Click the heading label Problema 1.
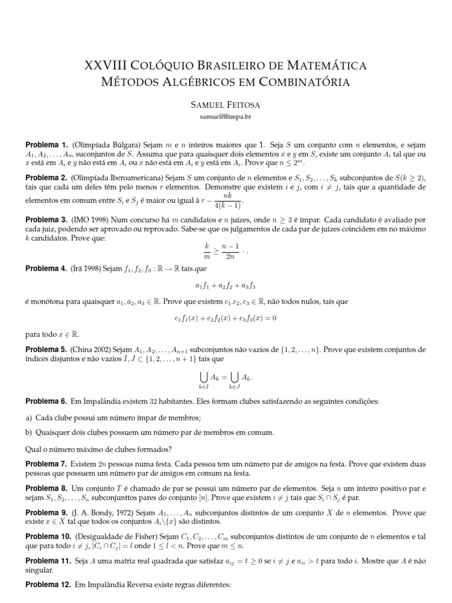tap(47, 145)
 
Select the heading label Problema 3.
tap(47, 219)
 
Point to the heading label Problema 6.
tap(47, 402)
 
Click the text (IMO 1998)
tap(91, 219)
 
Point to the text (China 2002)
tap(93, 349)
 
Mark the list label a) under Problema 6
tap(29, 418)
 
